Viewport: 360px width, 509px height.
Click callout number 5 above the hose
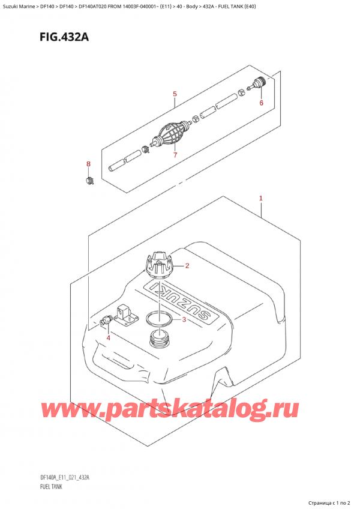click(175, 94)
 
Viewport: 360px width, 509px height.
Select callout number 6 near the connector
click(262, 103)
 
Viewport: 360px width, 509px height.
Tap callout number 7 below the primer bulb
click(175, 155)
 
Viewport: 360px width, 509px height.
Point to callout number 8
click(88, 164)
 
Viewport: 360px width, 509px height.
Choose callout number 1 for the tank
click(261, 198)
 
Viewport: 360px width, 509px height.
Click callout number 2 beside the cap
click(187, 266)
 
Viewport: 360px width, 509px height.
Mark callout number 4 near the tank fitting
click(109, 337)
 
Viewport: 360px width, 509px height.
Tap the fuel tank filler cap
click(158, 265)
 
